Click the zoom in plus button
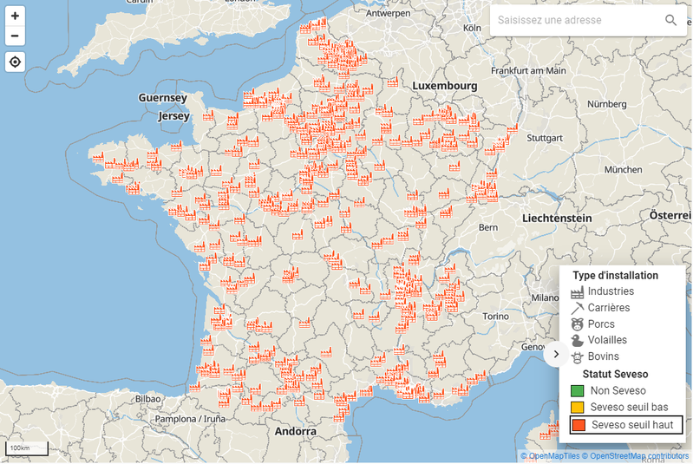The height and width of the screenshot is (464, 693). pyautogui.click(x=15, y=16)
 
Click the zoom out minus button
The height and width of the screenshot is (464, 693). pyautogui.click(x=15, y=36)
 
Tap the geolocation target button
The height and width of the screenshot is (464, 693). pyautogui.click(x=15, y=62)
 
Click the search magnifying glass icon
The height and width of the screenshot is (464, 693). pyautogui.click(x=670, y=20)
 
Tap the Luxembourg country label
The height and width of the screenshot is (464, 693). pyautogui.click(x=444, y=86)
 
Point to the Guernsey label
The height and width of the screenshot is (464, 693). pyautogui.click(x=162, y=98)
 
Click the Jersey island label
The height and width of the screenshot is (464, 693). pyautogui.click(x=173, y=115)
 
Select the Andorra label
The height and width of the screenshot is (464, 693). pyautogui.click(x=296, y=431)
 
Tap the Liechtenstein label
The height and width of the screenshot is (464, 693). pyautogui.click(x=556, y=218)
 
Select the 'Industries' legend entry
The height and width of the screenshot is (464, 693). pyautogui.click(x=611, y=291)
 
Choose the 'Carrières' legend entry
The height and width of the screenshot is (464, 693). pyautogui.click(x=608, y=308)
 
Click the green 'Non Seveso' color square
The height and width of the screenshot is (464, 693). pyautogui.click(x=578, y=391)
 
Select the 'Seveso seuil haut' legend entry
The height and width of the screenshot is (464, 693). pyautogui.click(x=626, y=425)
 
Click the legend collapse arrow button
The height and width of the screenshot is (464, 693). pyautogui.click(x=556, y=354)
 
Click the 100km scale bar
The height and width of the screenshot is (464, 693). pyautogui.click(x=26, y=449)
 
